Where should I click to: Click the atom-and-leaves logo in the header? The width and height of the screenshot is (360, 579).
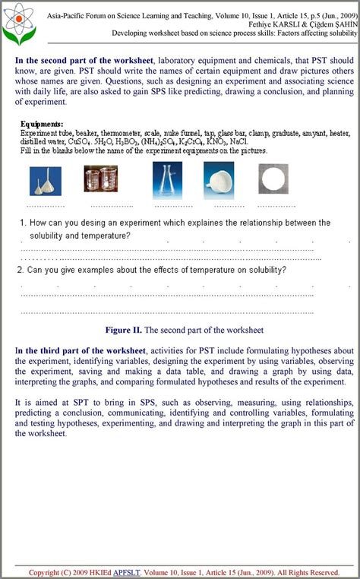pos(18,23)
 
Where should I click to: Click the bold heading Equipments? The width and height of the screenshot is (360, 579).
pos(42,124)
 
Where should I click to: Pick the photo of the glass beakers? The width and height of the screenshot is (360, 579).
pos(100,179)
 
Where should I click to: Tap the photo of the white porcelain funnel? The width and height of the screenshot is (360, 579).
pos(219,181)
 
